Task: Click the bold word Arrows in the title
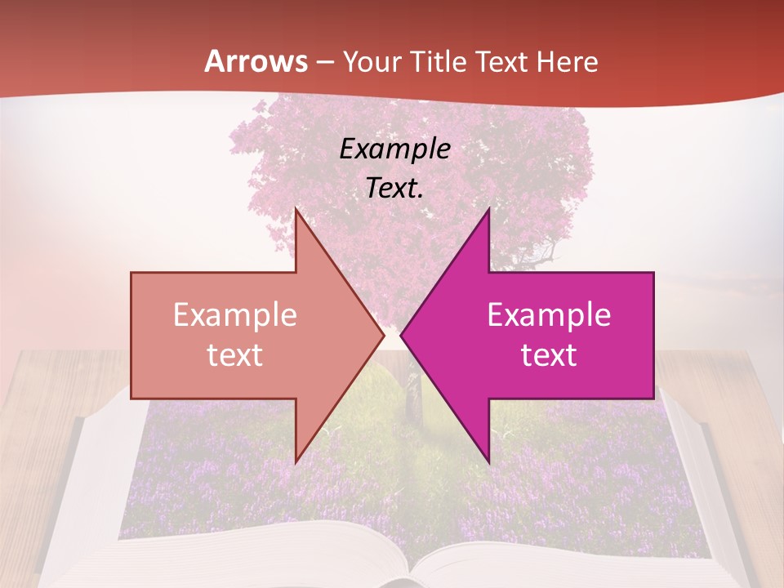coord(256,61)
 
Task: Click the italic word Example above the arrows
coord(394,149)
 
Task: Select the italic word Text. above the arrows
coord(394,188)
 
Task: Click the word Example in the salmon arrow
coord(235,314)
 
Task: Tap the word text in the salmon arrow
coord(235,354)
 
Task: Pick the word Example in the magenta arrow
coord(549,314)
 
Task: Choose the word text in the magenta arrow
coord(549,354)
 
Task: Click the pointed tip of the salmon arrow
coord(384,335)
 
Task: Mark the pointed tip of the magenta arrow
coord(401,335)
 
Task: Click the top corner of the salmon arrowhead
coord(296,210)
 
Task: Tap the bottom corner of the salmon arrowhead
coord(296,461)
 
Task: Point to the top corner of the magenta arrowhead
coord(488,210)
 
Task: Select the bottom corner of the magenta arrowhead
coord(488,461)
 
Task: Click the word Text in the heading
coord(502,62)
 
